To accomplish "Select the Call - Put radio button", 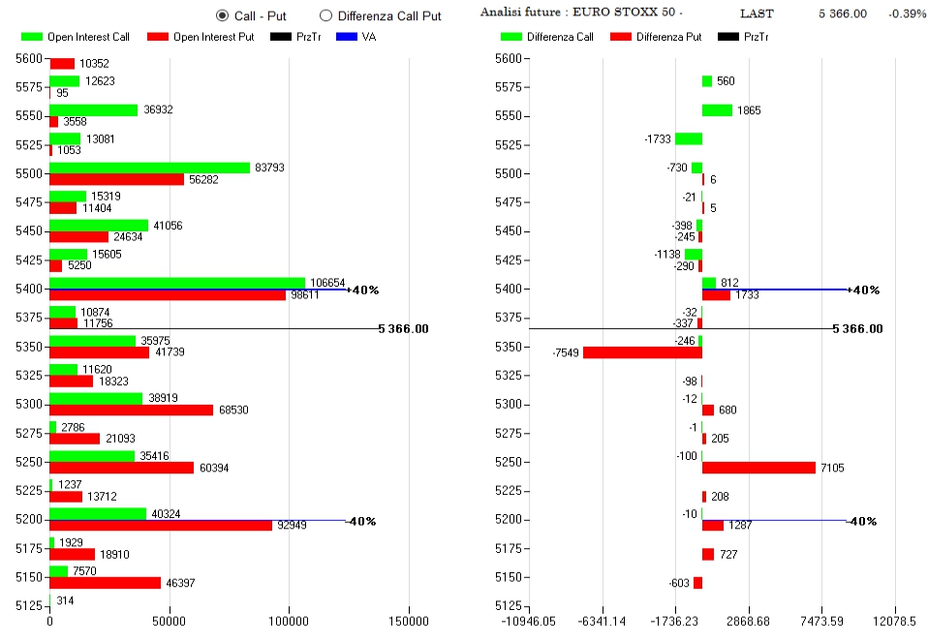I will pos(222,15).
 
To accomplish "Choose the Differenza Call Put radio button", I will pos(325,15).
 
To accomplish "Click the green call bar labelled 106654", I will pos(177,283).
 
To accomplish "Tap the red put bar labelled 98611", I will pos(168,294).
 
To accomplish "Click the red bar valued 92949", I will pos(161,525).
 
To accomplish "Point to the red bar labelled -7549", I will pos(642,352).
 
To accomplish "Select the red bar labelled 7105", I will pos(758,468).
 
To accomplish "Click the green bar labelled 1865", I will pos(717,110).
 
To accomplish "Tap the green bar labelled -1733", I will pos(689,138).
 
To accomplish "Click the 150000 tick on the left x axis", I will pos(408,621).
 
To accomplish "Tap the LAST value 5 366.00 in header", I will pos(842,14).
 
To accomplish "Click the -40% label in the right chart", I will pos(861,521).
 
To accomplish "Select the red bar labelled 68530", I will pos(131,410).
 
